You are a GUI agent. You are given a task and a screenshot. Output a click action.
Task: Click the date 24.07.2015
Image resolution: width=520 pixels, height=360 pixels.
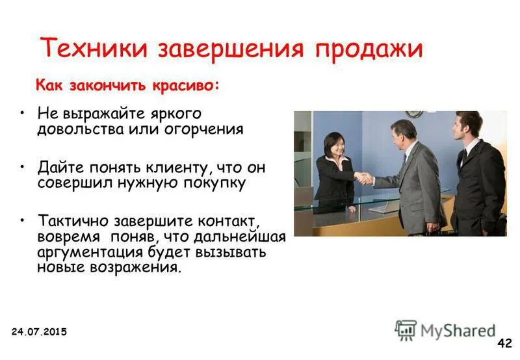(39, 332)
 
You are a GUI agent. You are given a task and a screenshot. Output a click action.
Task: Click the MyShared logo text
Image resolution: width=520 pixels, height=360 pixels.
(458, 330)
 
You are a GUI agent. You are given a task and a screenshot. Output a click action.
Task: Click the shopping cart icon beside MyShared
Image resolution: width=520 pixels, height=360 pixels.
(406, 329)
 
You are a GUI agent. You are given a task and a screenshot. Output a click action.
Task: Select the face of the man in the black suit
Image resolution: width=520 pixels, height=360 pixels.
(467, 125)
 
